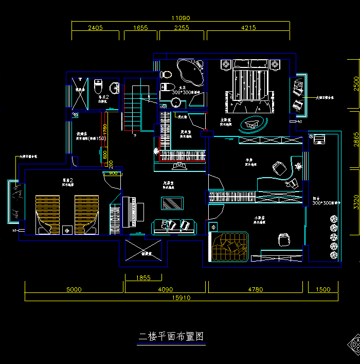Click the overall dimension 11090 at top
181,18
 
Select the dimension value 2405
95,28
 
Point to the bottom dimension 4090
166,289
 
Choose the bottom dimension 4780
256,289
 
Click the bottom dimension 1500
323,289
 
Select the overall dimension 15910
182,297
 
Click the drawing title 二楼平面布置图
172,337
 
